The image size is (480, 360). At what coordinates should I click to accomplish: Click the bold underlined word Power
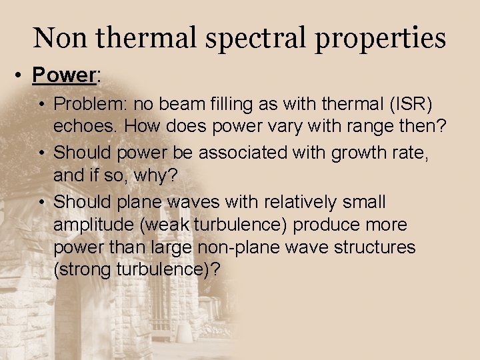64,75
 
